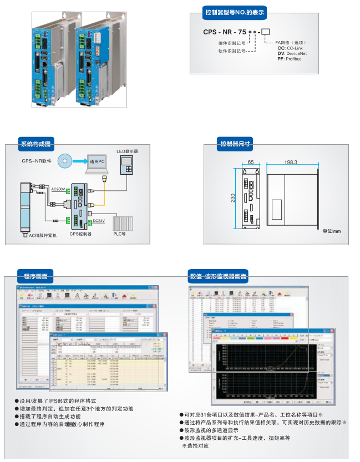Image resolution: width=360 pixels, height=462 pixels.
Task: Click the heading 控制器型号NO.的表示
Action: [x=235, y=12]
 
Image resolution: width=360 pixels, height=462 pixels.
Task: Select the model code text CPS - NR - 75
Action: [x=224, y=32]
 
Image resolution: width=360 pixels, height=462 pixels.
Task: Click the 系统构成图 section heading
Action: [x=35, y=144]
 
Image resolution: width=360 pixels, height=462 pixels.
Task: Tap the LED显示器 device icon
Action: [x=128, y=165]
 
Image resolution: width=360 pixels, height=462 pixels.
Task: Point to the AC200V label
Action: [x=58, y=189]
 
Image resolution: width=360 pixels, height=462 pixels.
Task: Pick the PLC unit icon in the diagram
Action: [x=123, y=222]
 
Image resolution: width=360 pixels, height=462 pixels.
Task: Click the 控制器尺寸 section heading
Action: [x=235, y=144]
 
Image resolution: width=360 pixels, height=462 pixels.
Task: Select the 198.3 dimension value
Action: [x=291, y=162]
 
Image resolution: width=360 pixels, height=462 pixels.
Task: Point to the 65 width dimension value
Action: [x=251, y=162]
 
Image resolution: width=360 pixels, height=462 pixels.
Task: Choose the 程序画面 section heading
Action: [x=35, y=276]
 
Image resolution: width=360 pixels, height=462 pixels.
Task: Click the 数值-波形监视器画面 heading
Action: [x=219, y=276]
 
